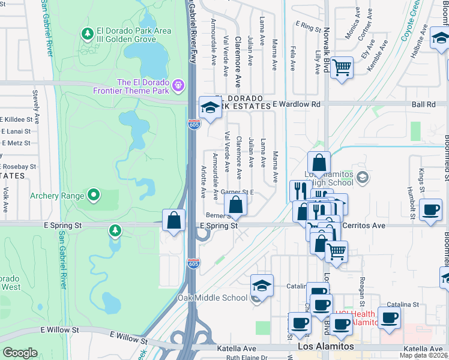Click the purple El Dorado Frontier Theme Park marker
pyautogui.click(x=177, y=86)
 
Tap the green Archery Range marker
pyautogui.click(x=94, y=195)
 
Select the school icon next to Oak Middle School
pyautogui.click(x=262, y=285)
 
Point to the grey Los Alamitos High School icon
pyautogui.click(x=362, y=177)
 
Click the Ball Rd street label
pyautogui.click(x=424, y=104)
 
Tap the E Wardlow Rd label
pyautogui.click(x=297, y=104)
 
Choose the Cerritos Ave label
pyautogui.click(x=364, y=226)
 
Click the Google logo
pyautogui.click(x=20, y=352)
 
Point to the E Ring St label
pyautogui.click(x=309, y=26)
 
